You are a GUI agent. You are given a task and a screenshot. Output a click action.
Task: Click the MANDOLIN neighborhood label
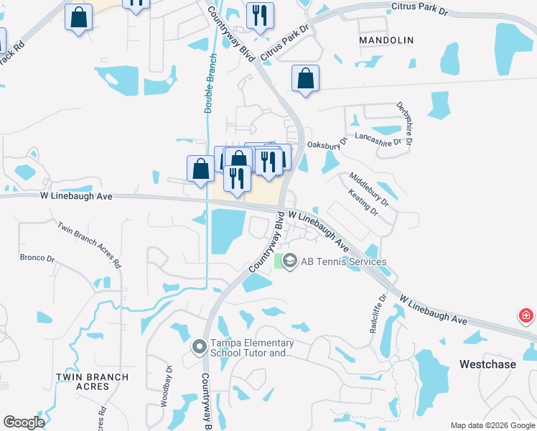(x=386, y=40)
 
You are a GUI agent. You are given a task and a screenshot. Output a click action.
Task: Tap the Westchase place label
(x=487, y=364)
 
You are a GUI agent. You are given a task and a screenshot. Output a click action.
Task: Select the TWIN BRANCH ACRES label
(x=92, y=381)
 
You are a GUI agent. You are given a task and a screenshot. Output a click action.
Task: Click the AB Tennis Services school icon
(x=290, y=261)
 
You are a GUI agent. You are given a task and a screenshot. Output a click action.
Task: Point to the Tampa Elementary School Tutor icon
(x=200, y=347)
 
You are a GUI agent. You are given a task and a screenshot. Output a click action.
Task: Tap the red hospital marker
(x=526, y=315)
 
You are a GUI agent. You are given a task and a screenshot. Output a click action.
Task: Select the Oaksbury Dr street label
(x=327, y=144)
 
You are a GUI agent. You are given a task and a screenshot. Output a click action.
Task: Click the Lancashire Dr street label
(x=378, y=139)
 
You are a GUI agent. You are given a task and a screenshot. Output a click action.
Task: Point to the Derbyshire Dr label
(x=404, y=124)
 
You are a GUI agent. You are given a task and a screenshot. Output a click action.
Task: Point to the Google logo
(x=24, y=422)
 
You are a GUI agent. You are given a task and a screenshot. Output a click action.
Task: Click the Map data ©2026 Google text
(x=492, y=425)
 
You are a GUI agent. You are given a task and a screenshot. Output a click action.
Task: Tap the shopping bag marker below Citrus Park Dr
(x=305, y=80)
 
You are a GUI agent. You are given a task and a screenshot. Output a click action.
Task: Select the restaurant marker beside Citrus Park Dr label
(x=260, y=16)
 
